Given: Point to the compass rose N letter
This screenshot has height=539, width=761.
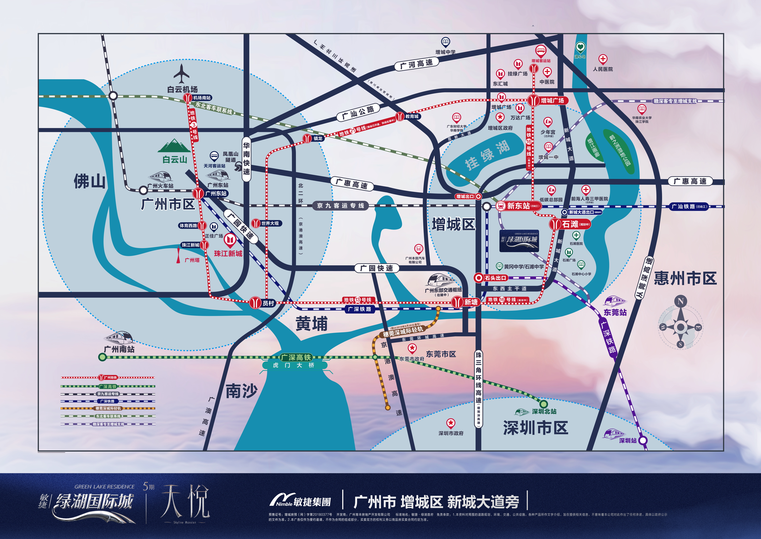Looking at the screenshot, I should [x=680, y=301].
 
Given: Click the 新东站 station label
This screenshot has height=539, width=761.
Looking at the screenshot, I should [x=519, y=206].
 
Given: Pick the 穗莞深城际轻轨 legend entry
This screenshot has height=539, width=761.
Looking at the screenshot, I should [x=108, y=409].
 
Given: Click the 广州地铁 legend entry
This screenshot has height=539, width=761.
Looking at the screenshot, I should [x=108, y=377].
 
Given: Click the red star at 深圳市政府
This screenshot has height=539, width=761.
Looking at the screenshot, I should [x=450, y=423].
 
